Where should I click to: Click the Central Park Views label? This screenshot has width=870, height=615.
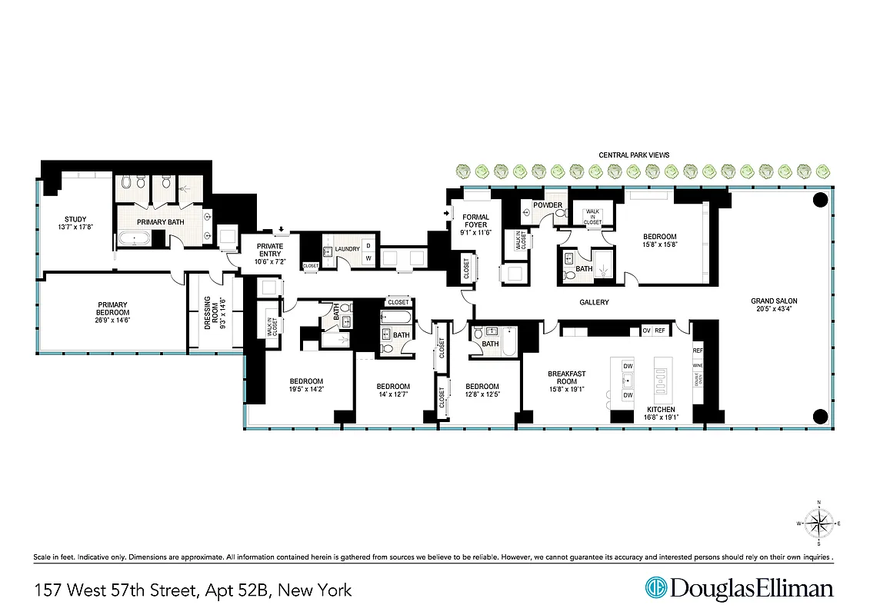634,155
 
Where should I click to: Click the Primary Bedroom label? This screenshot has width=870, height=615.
112,309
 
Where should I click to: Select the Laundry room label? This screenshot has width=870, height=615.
348,249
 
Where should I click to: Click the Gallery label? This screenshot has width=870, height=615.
595,303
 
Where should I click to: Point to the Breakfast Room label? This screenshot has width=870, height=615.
567,378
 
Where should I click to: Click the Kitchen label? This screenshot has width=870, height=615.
661,409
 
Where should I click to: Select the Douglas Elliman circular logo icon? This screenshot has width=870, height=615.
656,589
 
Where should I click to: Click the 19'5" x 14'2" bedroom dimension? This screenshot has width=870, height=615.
306,391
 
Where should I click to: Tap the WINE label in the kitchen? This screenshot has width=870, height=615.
698,365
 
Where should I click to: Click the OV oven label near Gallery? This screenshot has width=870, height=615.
646,331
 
